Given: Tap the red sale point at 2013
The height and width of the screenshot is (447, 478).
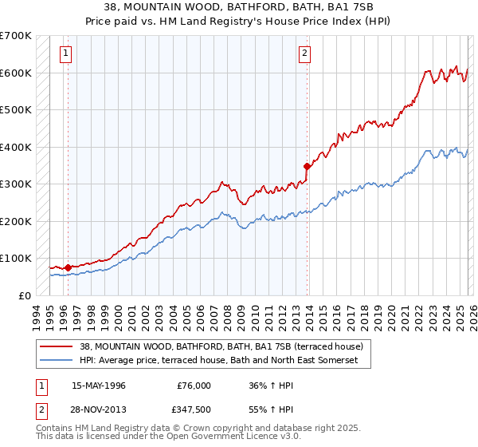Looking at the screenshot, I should point(307,166).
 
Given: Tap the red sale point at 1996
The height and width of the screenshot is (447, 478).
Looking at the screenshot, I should point(68,267).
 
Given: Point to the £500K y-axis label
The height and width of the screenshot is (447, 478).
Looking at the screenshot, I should point(16,109).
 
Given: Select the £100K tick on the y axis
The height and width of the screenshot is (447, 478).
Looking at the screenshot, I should point(16,258).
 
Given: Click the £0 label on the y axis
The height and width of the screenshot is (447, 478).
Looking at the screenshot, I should point(24,295).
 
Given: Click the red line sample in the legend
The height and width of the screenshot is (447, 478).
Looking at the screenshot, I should point(57,346).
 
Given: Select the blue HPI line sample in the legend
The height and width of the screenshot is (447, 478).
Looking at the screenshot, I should point(57,361).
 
